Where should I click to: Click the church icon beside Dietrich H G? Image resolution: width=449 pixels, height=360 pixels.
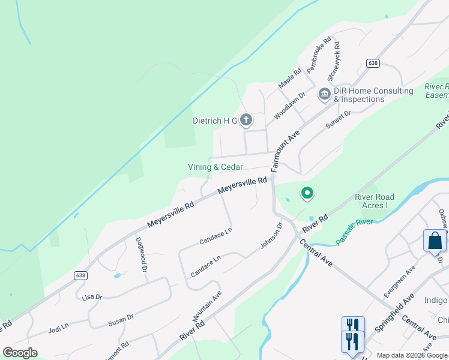pyautogui.click(x=246, y=121)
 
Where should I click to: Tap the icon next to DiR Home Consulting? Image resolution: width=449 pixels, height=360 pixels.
pyautogui.click(x=325, y=94)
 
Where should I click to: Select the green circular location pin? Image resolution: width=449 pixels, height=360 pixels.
pyautogui.click(x=307, y=193)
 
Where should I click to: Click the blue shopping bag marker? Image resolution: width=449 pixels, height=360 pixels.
pyautogui.click(x=435, y=241)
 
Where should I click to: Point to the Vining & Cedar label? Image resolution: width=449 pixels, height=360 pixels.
pyautogui.click(x=215, y=167)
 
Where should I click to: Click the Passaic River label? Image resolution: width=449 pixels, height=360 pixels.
pyautogui.click(x=354, y=230)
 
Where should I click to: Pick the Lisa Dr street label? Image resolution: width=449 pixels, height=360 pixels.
pyautogui.click(x=92, y=297)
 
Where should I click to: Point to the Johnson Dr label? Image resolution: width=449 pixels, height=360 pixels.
pyautogui.click(x=271, y=236)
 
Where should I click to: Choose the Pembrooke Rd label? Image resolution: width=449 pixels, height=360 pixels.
pyautogui.click(x=319, y=56)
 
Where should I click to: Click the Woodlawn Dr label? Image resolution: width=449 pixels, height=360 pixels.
pyautogui.click(x=289, y=104)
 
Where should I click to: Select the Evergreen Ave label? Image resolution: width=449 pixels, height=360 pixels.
pyautogui.click(x=399, y=281)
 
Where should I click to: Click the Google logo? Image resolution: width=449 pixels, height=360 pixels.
pyautogui.click(x=20, y=352)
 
